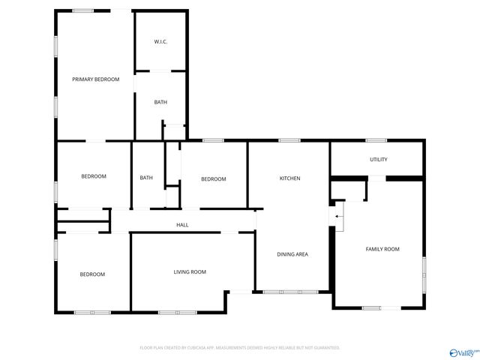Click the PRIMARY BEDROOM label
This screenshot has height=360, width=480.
pos(95,79)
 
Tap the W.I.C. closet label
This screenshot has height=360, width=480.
pos(160,41)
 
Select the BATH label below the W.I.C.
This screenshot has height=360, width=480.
pos(160,102)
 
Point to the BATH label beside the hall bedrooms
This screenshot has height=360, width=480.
pos(146,178)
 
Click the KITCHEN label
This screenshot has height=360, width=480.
pos(289,178)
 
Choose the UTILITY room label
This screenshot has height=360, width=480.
pos(378,160)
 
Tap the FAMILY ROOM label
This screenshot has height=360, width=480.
pos(382,249)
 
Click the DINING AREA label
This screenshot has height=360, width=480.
pos(292,254)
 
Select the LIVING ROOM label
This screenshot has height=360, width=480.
pos(190,271)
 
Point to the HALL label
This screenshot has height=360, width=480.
pos(182,224)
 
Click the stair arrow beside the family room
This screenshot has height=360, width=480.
pos(338,216)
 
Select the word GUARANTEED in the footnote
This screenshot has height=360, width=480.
pos(324,348)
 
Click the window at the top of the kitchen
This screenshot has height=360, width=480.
pos(289,140)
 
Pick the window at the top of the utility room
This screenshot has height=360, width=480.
pos(376,140)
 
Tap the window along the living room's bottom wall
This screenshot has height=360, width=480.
pos(177,311)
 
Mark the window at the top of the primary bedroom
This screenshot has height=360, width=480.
pos(83,10)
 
